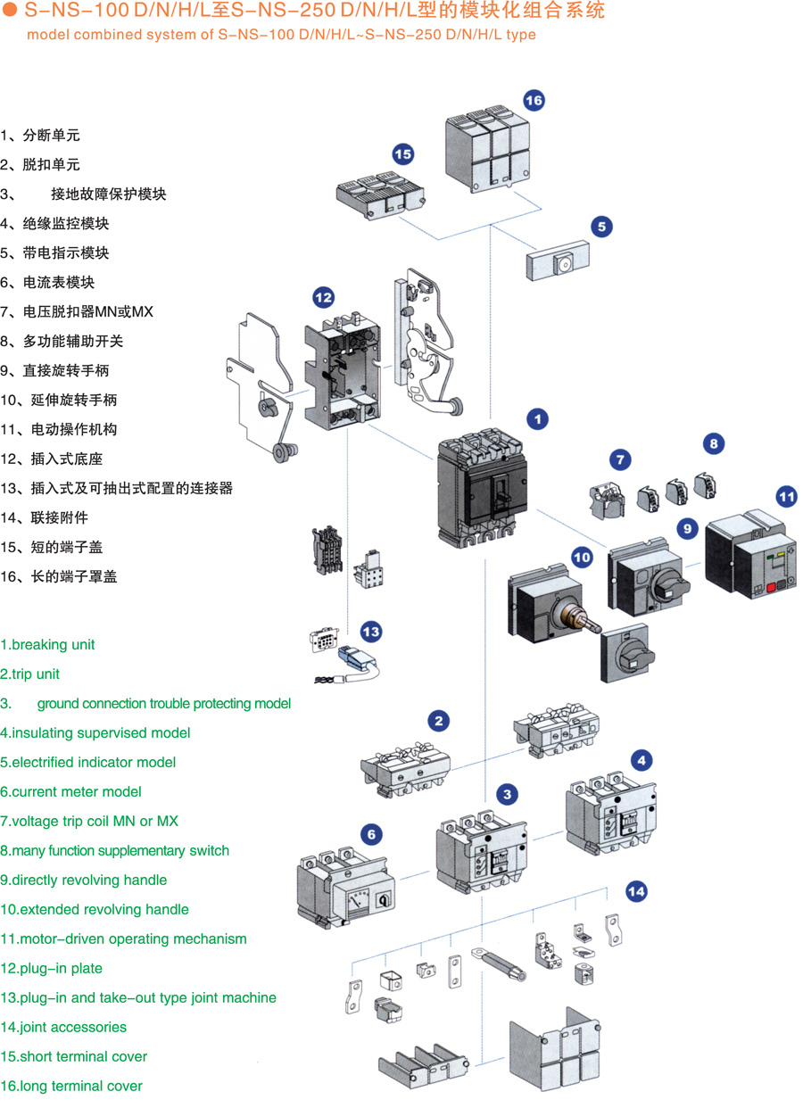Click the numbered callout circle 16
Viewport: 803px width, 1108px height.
pos(534,100)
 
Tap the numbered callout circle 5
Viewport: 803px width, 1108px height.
pos(601,227)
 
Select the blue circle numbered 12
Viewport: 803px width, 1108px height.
pos(323,297)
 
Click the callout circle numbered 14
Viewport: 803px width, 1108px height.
pos(636,890)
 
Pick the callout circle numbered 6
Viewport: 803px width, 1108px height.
pos(371,835)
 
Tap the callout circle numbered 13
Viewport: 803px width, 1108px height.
pos(371,632)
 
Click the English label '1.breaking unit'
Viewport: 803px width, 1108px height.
pos(48,645)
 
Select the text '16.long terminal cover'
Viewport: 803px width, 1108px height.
pos(71,1087)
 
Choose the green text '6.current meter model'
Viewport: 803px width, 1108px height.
pos(70,792)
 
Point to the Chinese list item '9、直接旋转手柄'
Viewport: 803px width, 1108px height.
pos(55,371)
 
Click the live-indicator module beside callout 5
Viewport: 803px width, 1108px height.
pos(559,263)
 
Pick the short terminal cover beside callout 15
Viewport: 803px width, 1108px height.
pos(379,193)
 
